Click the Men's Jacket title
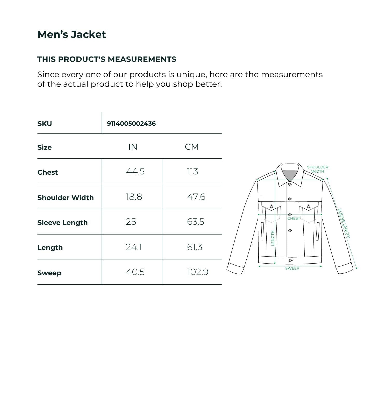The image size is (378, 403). [72, 34]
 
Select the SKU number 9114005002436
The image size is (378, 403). [131, 124]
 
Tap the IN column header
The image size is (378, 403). [133, 147]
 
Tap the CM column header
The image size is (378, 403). [192, 147]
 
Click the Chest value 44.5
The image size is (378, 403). [135, 171]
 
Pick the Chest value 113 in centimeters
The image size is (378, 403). [192, 171]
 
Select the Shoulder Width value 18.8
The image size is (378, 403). [134, 197]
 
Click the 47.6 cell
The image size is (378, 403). [196, 197]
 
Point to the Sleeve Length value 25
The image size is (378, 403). [131, 222]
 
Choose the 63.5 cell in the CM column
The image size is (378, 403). [195, 222]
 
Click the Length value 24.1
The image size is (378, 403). [134, 247]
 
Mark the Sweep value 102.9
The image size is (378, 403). [197, 272]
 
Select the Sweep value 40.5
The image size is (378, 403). [135, 272]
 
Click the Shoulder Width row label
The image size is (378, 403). [65, 198]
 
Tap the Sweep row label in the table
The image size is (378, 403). [49, 273]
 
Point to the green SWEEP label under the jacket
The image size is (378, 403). [292, 268]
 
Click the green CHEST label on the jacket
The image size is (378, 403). [293, 218]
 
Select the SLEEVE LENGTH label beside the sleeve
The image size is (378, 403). [344, 223]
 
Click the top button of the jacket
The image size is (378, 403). [290, 184]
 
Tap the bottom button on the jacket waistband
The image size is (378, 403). [290, 260]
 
